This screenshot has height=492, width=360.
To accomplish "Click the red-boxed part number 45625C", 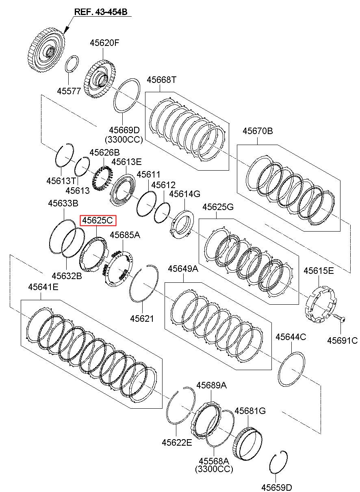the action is pyautogui.click(x=98, y=220).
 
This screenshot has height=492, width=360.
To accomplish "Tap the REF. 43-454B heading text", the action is pyautogui.click(x=101, y=12).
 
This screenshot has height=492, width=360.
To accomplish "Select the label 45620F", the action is pyautogui.click(x=104, y=43).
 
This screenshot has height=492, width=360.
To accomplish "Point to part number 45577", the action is pyautogui.click(x=69, y=91).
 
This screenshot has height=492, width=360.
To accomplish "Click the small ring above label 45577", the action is pyautogui.click(x=72, y=63).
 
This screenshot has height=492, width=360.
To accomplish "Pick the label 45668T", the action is pyautogui.click(x=161, y=80).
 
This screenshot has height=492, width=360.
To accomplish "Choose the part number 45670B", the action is pyautogui.click(x=258, y=131).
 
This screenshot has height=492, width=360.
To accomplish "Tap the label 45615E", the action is pyautogui.click(x=319, y=271).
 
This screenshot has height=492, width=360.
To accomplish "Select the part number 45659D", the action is pyautogui.click(x=277, y=487).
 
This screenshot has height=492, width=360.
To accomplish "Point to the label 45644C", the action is pyautogui.click(x=291, y=337).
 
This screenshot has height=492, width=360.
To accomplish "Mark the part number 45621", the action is pyautogui.click(x=142, y=319).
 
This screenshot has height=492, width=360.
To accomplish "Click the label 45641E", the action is pyautogui.click(x=43, y=287).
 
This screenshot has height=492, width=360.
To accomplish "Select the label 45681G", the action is pyautogui.click(x=250, y=410).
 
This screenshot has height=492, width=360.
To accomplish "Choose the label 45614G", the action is pyautogui.click(x=184, y=194).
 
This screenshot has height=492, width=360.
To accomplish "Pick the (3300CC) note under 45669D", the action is pyautogui.click(x=124, y=139).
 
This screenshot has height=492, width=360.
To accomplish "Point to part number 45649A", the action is pyautogui.click(x=183, y=269).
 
